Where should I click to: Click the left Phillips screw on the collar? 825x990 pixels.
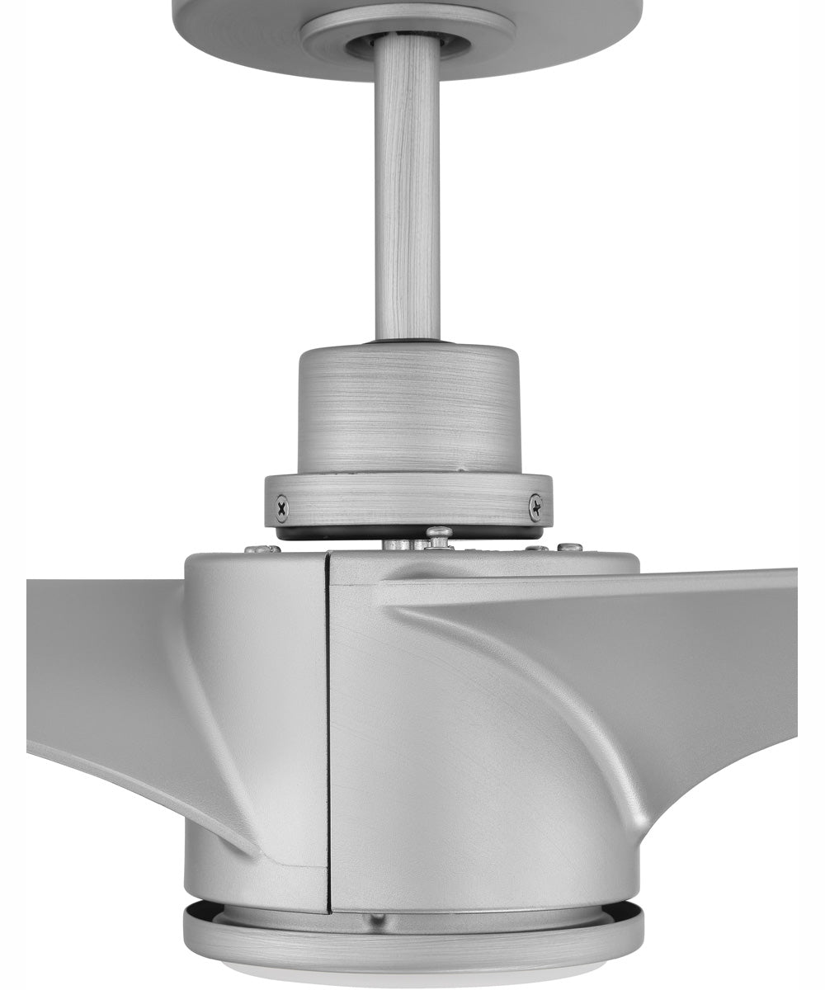pyautogui.click(x=282, y=508)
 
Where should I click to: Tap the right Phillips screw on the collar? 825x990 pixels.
pyautogui.click(x=535, y=507)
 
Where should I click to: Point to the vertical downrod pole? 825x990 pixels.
pyautogui.click(x=407, y=190)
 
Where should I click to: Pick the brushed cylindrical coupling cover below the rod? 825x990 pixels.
pyautogui.click(x=408, y=408)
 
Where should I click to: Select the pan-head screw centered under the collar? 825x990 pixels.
pyautogui.click(x=439, y=536)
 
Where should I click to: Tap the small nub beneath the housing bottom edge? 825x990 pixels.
pyautogui.click(x=377, y=918)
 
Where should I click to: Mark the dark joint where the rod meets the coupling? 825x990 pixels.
pyautogui.click(x=407, y=339)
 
